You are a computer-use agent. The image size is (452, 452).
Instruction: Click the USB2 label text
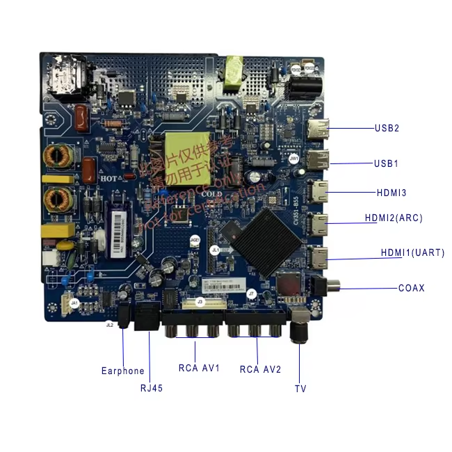(387, 128)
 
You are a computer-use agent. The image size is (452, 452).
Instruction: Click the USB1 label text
(387, 163)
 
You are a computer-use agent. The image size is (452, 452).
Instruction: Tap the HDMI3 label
(392, 192)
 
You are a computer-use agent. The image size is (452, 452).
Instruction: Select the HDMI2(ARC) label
(394, 218)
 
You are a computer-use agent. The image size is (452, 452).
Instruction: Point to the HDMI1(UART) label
(412, 252)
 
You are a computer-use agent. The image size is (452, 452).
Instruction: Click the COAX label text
(412, 288)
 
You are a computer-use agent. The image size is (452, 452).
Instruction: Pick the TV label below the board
(300, 388)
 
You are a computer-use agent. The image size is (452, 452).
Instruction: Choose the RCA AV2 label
(260, 369)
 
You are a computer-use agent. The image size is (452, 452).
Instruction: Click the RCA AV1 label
(199, 368)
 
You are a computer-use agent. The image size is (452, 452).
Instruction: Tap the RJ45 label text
(151, 388)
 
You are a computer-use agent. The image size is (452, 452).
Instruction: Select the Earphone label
(123, 371)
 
